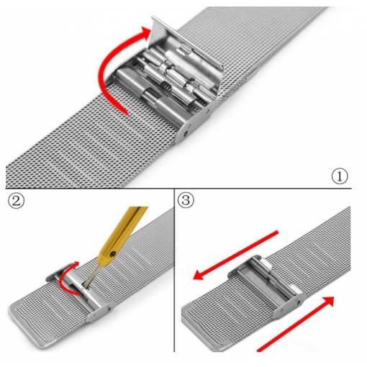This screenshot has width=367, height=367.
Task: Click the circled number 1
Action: point(340,176)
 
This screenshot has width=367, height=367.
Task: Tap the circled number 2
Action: point(17,201)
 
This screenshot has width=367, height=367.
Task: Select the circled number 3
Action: point(186,200)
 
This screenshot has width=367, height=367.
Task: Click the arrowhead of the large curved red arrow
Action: point(145,33)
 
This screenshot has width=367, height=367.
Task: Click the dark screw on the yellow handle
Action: point(112,253)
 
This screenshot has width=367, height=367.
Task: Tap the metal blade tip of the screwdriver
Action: point(86,285)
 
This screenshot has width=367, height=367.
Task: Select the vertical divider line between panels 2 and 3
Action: point(174,271)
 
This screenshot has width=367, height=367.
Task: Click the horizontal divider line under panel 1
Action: point(178,189)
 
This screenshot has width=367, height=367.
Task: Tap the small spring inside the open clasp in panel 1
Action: point(165,85)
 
